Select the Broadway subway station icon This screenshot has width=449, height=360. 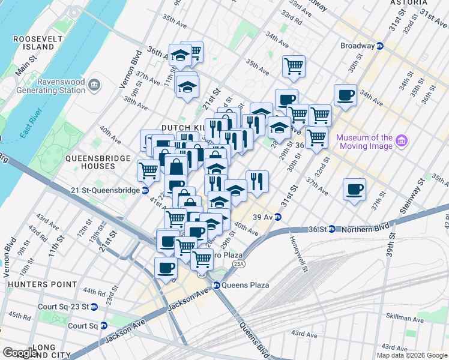[380, 46]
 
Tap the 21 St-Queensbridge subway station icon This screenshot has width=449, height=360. [145, 191]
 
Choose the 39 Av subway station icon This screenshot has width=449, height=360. [278, 217]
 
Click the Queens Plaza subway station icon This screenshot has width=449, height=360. [217, 285]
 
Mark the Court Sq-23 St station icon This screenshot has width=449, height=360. [94, 307]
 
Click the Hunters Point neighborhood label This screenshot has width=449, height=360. [38, 284]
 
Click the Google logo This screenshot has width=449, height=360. [20, 353]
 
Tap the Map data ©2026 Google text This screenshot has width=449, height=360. [411, 355]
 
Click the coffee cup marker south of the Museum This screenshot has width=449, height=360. [354, 190]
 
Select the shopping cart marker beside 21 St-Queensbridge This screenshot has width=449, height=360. [148, 170]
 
